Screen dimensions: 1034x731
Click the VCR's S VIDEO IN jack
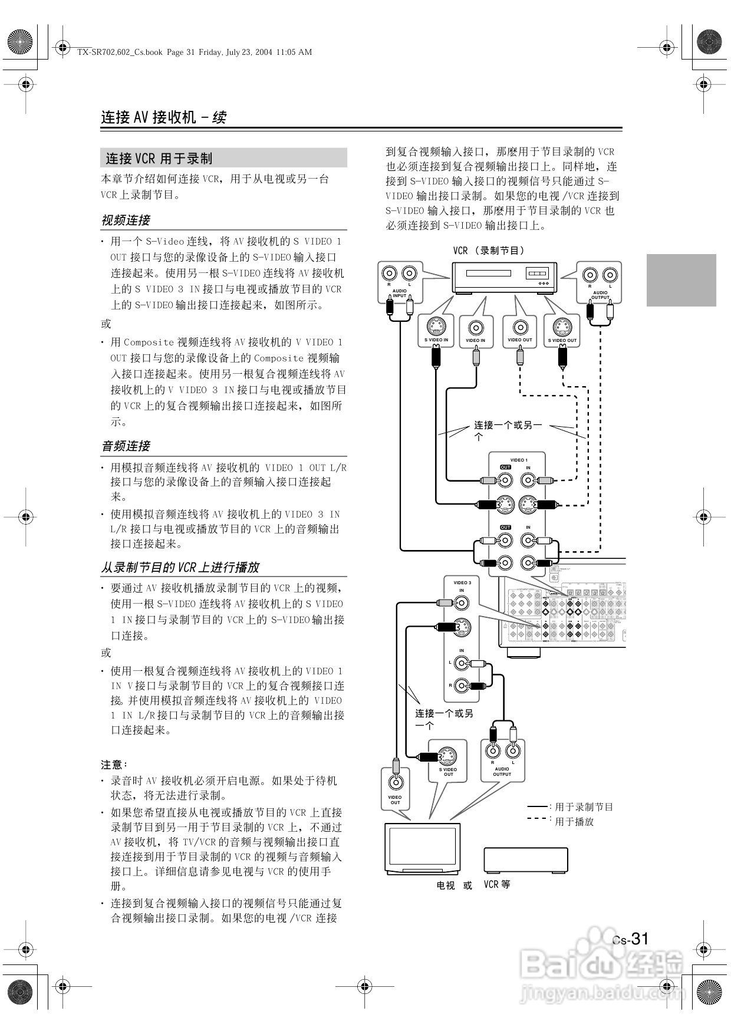click(x=436, y=326)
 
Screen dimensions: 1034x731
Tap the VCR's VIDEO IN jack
click(x=476, y=327)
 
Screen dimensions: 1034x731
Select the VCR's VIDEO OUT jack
click(x=519, y=327)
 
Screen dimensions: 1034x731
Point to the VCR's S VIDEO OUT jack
click(x=562, y=326)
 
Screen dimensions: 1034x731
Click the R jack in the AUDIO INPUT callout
click(x=389, y=274)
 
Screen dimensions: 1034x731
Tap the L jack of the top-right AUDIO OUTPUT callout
click(x=610, y=275)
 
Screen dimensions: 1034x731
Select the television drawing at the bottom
click(x=422, y=849)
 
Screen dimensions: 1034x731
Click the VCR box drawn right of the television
click(x=526, y=860)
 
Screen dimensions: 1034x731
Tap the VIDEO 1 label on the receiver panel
click(x=518, y=460)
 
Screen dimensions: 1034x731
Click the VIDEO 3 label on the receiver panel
click(x=462, y=582)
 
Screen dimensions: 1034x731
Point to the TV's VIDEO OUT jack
click(x=395, y=782)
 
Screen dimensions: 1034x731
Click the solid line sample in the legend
click(x=537, y=806)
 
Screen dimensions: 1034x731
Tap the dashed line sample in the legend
click(x=537, y=819)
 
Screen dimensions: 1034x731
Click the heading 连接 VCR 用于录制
click(x=159, y=158)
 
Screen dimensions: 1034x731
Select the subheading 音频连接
click(x=126, y=446)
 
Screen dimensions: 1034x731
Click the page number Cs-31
click(x=630, y=939)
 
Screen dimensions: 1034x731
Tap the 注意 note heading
click(x=114, y=765)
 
